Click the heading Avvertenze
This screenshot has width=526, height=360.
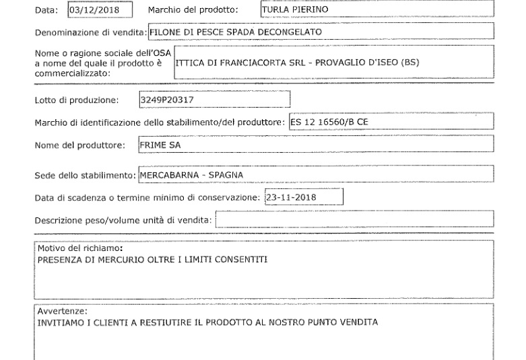pos(62,311)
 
